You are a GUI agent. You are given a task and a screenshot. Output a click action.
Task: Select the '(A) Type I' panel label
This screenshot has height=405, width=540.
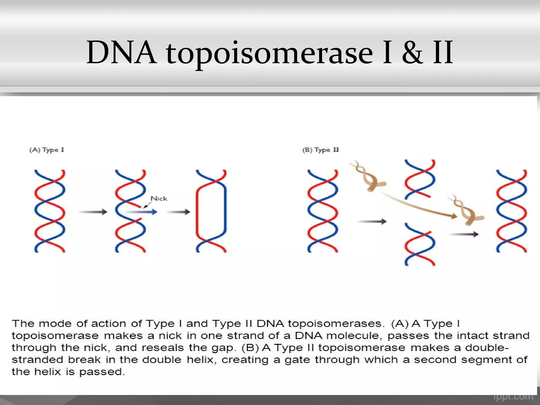pyautogui.click(x=47, y=150)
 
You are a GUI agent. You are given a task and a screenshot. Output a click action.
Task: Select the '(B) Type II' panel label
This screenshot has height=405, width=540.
pyautogui.click(x=320, y=150)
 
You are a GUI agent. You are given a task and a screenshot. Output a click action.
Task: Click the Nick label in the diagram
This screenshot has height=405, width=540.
pyautogui.click(x=159, y=199)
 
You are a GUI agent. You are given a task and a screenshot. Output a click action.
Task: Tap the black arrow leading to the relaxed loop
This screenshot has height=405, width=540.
pyautogui.click(x=179, y=212)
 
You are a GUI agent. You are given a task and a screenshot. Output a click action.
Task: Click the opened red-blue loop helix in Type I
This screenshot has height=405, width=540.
pyautogui.click(x=211, y=211)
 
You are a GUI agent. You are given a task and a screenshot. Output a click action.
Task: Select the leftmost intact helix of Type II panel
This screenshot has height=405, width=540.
pyautogui.click(x=322, y=211)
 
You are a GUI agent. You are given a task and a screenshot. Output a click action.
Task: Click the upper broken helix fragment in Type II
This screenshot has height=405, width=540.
pyautogui.click(x=420, y=179)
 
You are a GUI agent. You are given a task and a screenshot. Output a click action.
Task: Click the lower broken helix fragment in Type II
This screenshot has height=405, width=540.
pyautogui.click(x=420, y=244)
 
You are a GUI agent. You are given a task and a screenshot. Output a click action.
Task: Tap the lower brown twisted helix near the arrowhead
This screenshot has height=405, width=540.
pyautogui.click(x=467, y=211)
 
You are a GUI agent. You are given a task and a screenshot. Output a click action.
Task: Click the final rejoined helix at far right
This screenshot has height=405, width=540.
pyautogui.click(x=512, y=211)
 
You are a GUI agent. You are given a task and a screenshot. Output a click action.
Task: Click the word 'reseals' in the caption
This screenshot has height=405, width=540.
pyautogui.click(x=162, y=348)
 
